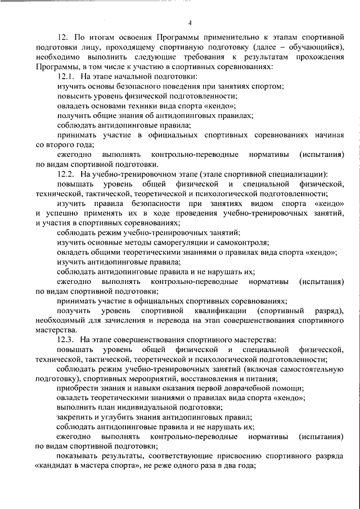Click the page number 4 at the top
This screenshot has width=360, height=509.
(190, 22)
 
